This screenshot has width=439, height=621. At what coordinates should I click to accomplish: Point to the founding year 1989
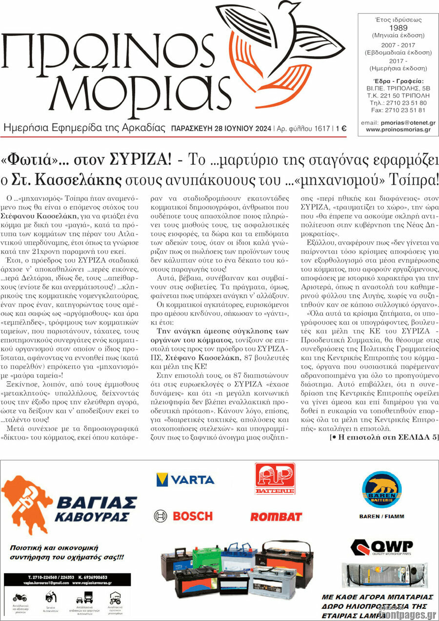point(398,28)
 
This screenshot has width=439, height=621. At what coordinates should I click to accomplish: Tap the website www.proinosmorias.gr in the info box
point(398,130)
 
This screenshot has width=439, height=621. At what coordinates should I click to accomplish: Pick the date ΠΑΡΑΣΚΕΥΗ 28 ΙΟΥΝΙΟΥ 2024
point(220,129)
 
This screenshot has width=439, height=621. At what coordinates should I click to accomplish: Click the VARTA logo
point(185,480)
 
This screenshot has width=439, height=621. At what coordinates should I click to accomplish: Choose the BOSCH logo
point(183,516)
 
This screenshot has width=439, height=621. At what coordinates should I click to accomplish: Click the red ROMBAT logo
point(276,517)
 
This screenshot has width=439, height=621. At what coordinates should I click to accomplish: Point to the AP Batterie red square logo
point(275,479)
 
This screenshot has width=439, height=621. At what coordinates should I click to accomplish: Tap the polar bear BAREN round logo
point(381,489)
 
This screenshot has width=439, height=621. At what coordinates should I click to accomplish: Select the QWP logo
point(381,547)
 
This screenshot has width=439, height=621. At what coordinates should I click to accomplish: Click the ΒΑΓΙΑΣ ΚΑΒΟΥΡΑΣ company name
point(96,508)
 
